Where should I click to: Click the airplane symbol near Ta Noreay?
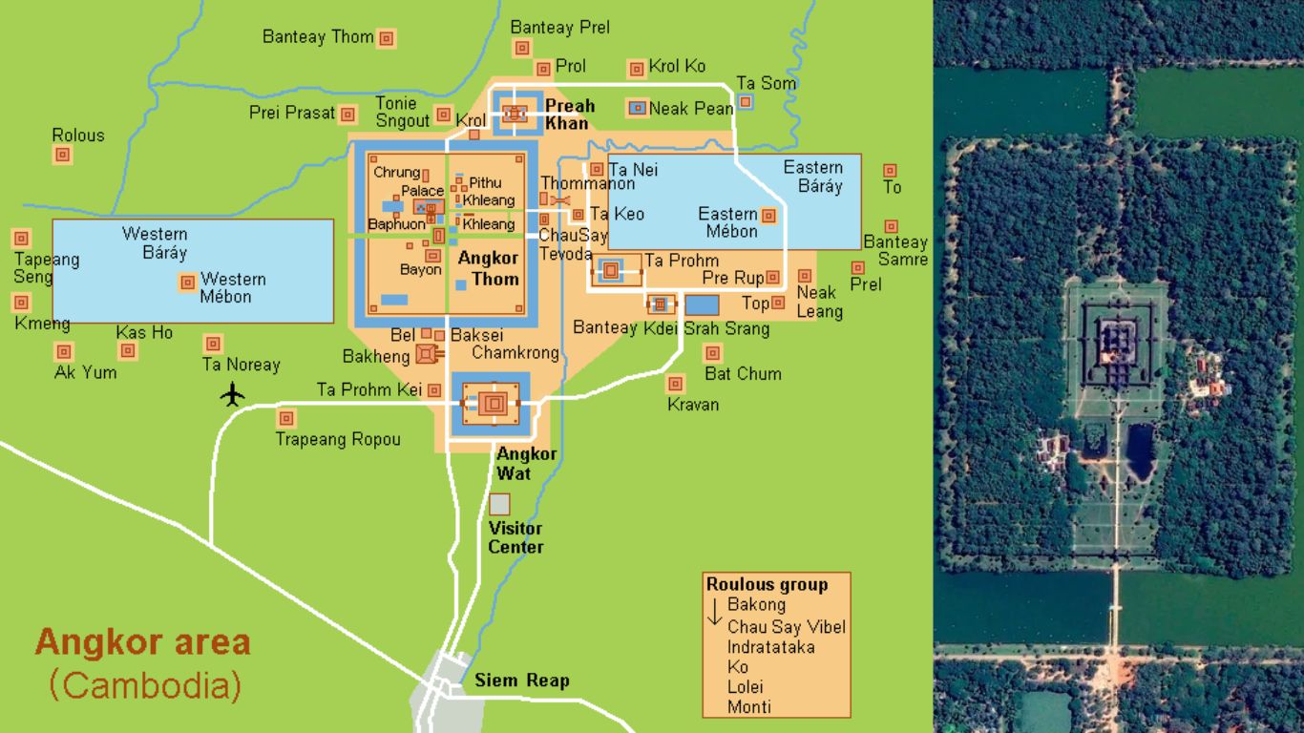(x=232, y=393)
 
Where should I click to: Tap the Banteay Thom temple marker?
(x=387, y=38)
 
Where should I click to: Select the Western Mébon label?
(x=232, y=287)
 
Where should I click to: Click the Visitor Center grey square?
(x=499, y=504)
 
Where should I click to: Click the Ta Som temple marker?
(x=745, y=101)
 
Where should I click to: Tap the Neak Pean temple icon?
(x=637, y=108)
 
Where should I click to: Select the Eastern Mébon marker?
(x=768, y=216)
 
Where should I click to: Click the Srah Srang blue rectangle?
(x=702, y=305)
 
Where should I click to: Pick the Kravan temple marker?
(x=676, y=384)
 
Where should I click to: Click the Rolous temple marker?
(x=63, y=155)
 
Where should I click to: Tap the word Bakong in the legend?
(x=756, y=604)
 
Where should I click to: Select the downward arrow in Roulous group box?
(x=714, y=613)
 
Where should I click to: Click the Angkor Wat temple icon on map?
(x=493, y=404)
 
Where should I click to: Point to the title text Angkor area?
(x=142, y=641)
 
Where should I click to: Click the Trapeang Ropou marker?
(x=285, y=418)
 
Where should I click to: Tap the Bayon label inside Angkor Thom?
(x=420, y=270)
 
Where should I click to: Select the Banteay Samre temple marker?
(x=891, y=227)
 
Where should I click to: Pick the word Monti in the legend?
(x=748, y=707)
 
